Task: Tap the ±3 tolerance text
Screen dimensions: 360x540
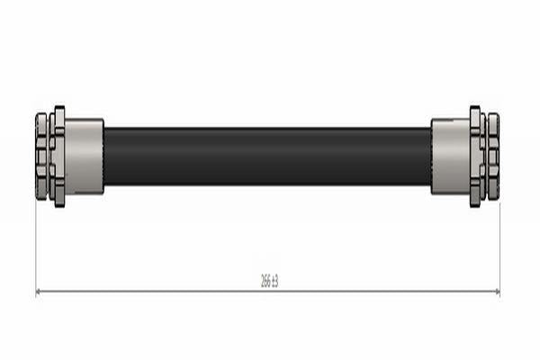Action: point(274,282)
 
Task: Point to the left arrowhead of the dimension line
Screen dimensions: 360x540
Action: point(39,292)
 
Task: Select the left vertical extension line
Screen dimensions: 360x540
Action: point(35,243)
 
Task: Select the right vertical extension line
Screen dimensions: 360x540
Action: point(499,243)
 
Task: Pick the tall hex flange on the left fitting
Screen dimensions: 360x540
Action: point(59,156)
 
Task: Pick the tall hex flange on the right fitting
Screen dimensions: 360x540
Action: point(475,156)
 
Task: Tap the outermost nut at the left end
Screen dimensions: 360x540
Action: point(41,156)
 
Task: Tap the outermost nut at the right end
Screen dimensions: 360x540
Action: point(493,156)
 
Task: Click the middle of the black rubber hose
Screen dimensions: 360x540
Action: point(267,156)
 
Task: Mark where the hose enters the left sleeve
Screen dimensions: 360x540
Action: point(104,156)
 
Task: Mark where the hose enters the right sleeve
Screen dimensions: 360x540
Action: point(431,156)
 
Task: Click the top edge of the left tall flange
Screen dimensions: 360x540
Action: point(59,107)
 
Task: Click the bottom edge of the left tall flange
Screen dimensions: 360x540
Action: point(59,205)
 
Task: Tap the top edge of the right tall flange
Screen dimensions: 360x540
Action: point(475,107)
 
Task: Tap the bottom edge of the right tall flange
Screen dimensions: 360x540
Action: point(475,205)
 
